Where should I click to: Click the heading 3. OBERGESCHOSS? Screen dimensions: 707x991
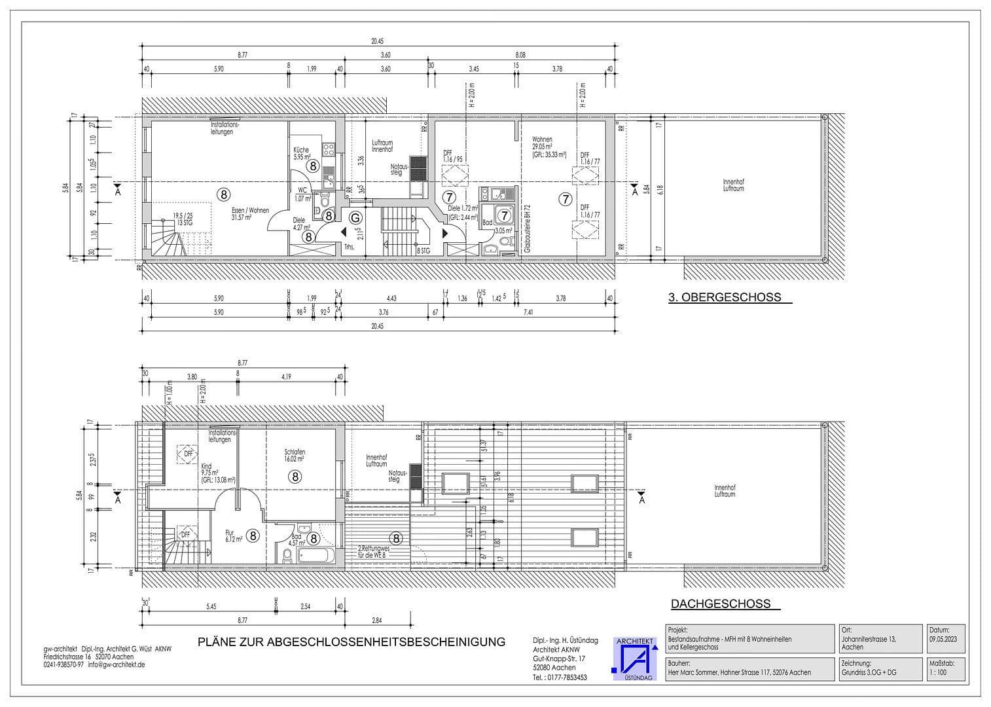725,297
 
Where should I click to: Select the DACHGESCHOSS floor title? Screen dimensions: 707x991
721,604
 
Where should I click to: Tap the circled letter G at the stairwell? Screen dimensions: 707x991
355,217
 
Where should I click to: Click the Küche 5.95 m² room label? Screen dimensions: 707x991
302,153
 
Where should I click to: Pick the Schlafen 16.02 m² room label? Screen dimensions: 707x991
295,456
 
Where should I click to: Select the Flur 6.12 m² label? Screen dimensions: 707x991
234,536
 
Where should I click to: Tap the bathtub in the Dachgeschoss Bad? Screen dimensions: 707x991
315,556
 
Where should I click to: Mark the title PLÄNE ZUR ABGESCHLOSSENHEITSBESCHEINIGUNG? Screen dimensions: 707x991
351,642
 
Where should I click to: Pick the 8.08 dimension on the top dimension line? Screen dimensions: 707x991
520,56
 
